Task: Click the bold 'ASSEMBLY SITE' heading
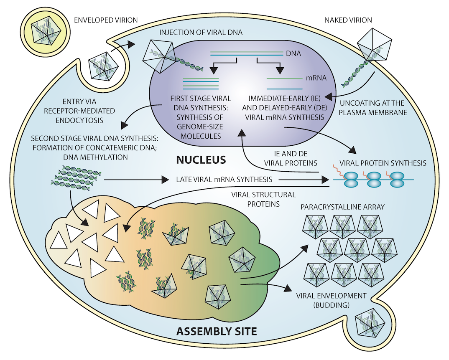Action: pyautogui.click(x=217, y=332)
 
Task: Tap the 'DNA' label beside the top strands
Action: pyautogui.click(x=293, y=53)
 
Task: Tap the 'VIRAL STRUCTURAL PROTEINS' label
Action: pyautogui.click(x=263, y=200)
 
